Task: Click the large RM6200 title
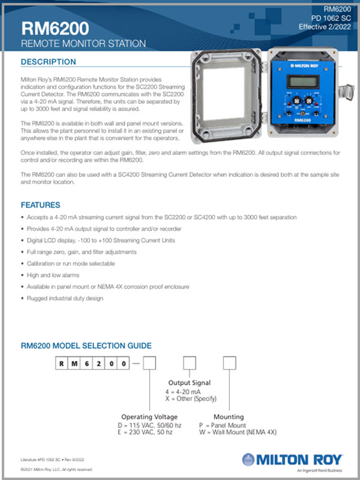(x=55, y=29)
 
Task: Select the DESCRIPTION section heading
(x=49, y=62)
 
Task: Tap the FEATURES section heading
(x=40, y=204)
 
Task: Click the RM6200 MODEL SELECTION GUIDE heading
(x=86, y=346)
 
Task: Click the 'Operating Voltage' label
(x=149, y=416)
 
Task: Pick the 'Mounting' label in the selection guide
(x=229, y=416)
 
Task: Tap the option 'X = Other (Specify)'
(x=191, y=398)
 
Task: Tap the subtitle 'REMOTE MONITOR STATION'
(x=83, y=44)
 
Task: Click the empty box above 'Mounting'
(x=229, y=364)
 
